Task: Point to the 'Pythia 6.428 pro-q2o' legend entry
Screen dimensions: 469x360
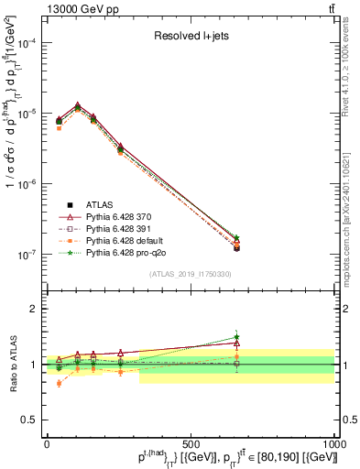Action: [x=127, y=252]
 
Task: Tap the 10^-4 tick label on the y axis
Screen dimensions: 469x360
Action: [x=25, y=43]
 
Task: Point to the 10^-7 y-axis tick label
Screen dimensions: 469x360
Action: [x=25, y=255]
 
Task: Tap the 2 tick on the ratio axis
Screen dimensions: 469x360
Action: [x=33, y=309]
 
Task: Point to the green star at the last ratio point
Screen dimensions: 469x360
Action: [x=236, y=337]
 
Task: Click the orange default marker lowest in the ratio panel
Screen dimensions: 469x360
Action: [x=60, y=383]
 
